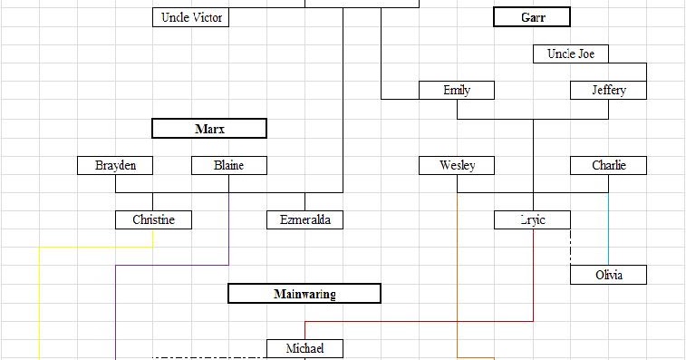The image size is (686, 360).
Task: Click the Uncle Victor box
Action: [190, 17]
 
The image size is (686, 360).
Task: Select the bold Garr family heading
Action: [532, 17]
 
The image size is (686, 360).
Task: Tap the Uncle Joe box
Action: [570, 54]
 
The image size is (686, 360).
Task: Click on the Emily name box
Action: [457, 91]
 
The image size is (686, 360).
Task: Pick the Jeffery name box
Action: [608, 91]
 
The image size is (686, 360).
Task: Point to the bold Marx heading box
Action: [209, 129]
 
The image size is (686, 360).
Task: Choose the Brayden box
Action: [114, 165]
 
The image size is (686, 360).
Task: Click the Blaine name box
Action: [229, 165]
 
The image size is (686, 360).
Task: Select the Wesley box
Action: [457, 165]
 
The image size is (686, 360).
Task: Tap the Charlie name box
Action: [608, 165]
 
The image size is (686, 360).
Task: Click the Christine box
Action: [153, 219]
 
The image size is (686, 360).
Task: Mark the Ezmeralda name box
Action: [304, 219]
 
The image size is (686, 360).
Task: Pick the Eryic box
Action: [532, 219]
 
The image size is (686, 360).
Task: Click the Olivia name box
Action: [608, 275]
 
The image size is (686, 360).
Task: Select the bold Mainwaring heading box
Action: [304, 294]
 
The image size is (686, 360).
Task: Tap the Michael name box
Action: [304, 348]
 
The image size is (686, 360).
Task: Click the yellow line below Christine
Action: [40, 299]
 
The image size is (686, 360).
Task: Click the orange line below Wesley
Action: [457, 272]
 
